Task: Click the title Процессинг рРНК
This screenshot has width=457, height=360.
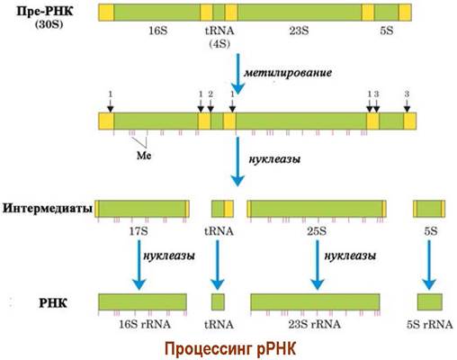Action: pyautogui.click(x=230, y=348)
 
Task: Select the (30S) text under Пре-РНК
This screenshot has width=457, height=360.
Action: pyautogui.click(x=49, y=24)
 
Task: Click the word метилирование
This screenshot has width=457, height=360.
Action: pyautogui.click(x=288, y=73)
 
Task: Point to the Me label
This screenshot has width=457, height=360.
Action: pyautogui.click(x=144, y=156)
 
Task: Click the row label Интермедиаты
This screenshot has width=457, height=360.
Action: pyautogui.click(x=48, y=208)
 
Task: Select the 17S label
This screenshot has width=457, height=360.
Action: pyautogui.click(x=139, y=231)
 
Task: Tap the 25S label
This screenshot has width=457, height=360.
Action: pyautogui.click(x=317, y=231)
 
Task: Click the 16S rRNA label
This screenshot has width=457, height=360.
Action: pyautogui.click(x=145, y=324)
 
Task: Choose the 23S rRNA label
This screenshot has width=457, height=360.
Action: pyautogui.click(x=315, y=324)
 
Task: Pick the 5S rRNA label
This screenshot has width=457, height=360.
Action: pyautogui.click(x=429, y=324)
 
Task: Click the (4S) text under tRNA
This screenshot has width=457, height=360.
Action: pyautogui.click(x=220, y=44)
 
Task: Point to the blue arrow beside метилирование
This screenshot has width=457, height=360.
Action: pyautogui.click(x=238, y=74)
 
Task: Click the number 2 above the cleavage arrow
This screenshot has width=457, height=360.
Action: pyautogui.click(x=211, y=94)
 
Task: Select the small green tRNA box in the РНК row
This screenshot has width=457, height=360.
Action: pyautogui.click(x=218, y=301)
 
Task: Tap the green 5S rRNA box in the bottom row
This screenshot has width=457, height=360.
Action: pyautogui.click(x=430, y=301)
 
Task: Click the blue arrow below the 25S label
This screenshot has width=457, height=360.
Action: pyautogui.click(x=318, y=265)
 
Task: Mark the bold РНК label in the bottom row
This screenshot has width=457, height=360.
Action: pyautogui.click(x=53, y=303)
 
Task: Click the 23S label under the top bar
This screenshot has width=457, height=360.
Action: pyautogui.click(x=299, y=31)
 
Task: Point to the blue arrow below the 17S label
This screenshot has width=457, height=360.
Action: pyautogui.click(x=139, y=265)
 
